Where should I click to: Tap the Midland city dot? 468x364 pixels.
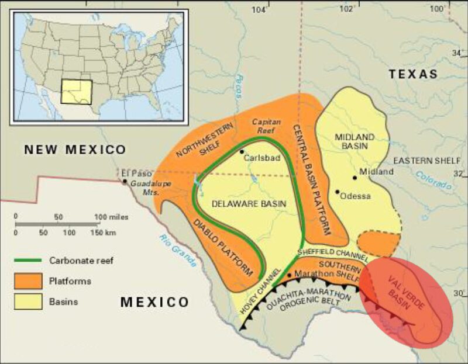(x=355, y=178)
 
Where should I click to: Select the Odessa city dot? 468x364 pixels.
(x=338, y=191)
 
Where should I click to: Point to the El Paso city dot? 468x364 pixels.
(x=125, y=181)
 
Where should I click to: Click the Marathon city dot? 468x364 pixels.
(x=289, y=274)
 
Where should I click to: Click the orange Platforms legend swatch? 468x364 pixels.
(x=29, y=281)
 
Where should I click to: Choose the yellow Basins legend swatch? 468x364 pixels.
(x=29, y=301)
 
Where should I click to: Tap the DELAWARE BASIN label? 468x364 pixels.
(x=249, y=203)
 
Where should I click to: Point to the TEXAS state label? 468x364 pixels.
(x=414, y=74)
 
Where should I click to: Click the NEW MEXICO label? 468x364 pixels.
(x=74, y=150)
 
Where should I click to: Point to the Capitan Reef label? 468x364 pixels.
(x=266, y=126)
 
